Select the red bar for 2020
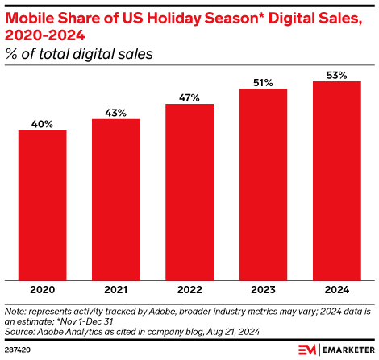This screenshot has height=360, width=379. point(42,205)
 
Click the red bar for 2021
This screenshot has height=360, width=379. point(115,199)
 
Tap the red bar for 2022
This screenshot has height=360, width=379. point(189,191)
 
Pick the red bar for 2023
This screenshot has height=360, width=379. point(263,184)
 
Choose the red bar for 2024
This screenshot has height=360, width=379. point(336,180)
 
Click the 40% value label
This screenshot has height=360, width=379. point(42,124)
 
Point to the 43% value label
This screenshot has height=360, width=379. point(115,113)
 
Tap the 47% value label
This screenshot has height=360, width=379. point(189,97)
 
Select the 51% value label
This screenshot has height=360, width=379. point(263,82)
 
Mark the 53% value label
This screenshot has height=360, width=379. point(336,75)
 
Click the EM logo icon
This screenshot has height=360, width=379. point(307,350)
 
